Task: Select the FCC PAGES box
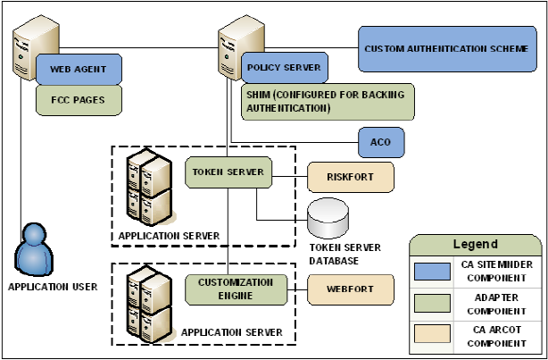[78, 100]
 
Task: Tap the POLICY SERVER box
[283, 68]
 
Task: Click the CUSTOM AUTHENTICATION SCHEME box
[446, 48]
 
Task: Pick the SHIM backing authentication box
[328, 101]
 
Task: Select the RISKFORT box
[349, 177]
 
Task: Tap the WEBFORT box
[350, 289]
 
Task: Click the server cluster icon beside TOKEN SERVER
[148, 188]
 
